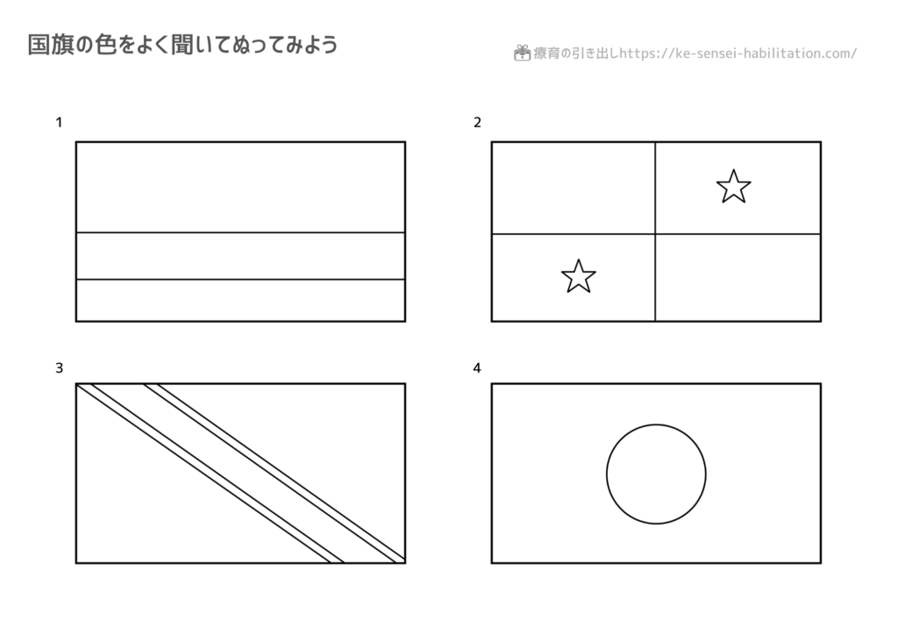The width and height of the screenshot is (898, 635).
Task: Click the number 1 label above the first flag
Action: click(x=59, y=122)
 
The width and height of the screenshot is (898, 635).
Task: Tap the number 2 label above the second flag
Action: click(x=477, y=122)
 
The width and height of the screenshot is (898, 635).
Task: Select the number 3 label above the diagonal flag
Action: click(x=59, y=367)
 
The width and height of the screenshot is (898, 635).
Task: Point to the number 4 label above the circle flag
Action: click(x=476, y=367)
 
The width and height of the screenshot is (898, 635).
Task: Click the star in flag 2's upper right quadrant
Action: click(x=734, y=187)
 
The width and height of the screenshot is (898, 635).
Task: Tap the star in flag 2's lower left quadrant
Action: click(x=579, y=276)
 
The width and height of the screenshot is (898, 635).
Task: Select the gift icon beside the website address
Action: click(x=522, y=53)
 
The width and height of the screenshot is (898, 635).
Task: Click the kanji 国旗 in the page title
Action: click(x=50, y=45)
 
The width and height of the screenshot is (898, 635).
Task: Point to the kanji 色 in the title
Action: click(x=106, y=45)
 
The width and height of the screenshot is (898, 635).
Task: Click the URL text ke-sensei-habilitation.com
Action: click(x=764, y=54)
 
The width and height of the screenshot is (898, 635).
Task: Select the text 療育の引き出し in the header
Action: click(x=576, y=54)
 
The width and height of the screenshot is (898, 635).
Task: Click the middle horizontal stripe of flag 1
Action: click(x=240, y=256)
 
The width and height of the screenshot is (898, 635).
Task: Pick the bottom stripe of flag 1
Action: click(x=240, y=301)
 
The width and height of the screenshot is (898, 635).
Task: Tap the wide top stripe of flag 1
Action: click(x=240, y=187)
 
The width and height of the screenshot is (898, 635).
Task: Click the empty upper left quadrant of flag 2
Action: click(x=574, y=188)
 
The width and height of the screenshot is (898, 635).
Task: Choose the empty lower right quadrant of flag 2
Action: click(x=738, y=278)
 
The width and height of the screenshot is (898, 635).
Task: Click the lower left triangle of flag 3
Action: click(x=160, y=503)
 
